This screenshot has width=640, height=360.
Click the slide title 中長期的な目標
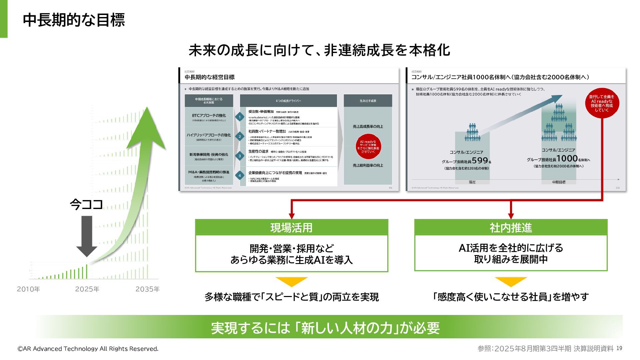click(74, 20)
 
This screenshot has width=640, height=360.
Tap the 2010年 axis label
click(28, 289)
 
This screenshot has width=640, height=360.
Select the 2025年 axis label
click(87, 289)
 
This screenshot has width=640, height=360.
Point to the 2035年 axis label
click(147, 289)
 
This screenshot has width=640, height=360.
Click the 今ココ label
click(86, 204)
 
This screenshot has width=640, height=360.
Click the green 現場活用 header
click(291, 228)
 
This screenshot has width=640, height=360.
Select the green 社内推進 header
click(511, 228)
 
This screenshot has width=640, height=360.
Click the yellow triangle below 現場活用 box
click(292, 281)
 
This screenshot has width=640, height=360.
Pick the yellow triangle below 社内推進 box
click(511, 281)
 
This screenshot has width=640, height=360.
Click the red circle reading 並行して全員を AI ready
click(602, 103)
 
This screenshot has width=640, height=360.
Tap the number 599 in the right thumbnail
click(480, 161)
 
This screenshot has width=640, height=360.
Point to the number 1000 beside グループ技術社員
click(567, 158)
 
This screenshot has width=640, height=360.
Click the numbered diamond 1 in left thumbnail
click(240, 117)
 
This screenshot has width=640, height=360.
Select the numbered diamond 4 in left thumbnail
click(240, 175)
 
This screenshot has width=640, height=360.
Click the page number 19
click(619, 348)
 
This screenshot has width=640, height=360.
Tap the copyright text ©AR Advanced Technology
click(88, 349)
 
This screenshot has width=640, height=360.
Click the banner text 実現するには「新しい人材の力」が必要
click(325, 328)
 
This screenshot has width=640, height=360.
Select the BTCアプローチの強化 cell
click(209, 117)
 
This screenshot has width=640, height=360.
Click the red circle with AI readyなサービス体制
click(368, 147)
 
